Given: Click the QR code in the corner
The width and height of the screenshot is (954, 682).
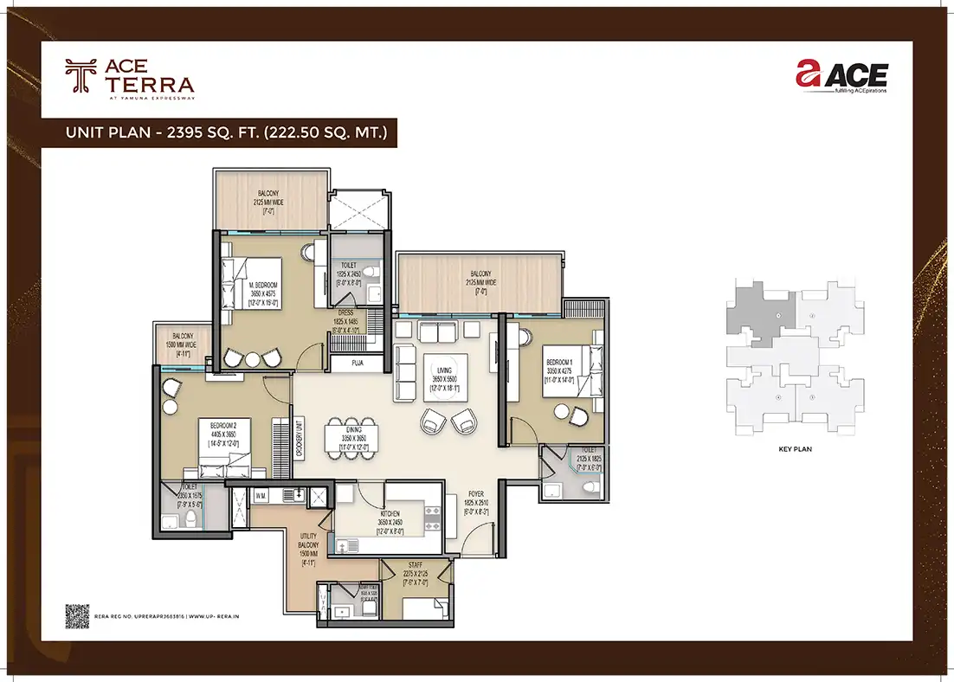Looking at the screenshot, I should pyautogui.click(x=78, y=614).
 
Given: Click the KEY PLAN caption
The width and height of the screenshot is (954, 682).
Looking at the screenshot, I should pyautogui.click(x=794, y=450).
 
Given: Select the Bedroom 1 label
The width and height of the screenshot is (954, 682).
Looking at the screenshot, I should pyautogui.click(x=558, y=368).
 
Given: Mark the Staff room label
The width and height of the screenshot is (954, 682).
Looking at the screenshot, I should pyautogui.click(x=416, y=572).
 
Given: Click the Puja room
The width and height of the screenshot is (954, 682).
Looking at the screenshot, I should pyautogui.click(x=357, y=364).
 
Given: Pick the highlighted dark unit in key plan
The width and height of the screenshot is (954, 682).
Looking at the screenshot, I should pyautogui.click(x=762, y=312).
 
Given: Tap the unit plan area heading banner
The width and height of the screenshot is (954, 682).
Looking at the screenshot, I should pyautogui.click(x=220, y=132).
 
